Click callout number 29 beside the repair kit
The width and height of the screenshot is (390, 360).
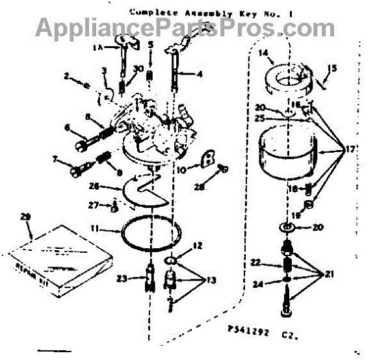(25, 216)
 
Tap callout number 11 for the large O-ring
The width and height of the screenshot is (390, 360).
(95, 229)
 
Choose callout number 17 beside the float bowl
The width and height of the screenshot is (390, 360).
(350, 149)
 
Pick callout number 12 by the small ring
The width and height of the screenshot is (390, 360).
(198, 246)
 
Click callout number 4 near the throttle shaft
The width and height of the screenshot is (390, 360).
(198, 75)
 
